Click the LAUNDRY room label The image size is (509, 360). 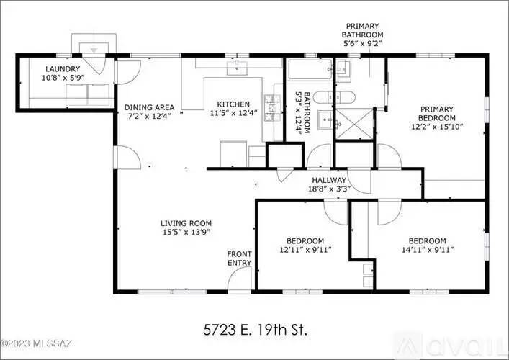63,69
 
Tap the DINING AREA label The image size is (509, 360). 149,107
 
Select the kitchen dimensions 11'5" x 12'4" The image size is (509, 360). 234,113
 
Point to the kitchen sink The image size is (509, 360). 237,68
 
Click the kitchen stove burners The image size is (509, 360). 272,109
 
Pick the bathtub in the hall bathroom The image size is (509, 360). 310,69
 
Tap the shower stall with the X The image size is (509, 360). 354,124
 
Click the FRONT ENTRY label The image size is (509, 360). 239,258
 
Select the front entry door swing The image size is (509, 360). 240,281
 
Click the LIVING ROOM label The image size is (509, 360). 186,223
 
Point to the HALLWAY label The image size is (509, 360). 329,180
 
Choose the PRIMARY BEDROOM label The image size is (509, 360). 436,113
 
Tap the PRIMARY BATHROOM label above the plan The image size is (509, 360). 362,30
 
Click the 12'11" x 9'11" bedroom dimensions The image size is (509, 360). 305,250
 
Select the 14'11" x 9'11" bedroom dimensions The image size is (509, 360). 428,250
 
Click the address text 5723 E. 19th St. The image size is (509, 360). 255,330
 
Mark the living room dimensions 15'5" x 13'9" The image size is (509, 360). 186,232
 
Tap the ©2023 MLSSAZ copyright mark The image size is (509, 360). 36,343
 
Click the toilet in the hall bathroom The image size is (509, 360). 334,97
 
